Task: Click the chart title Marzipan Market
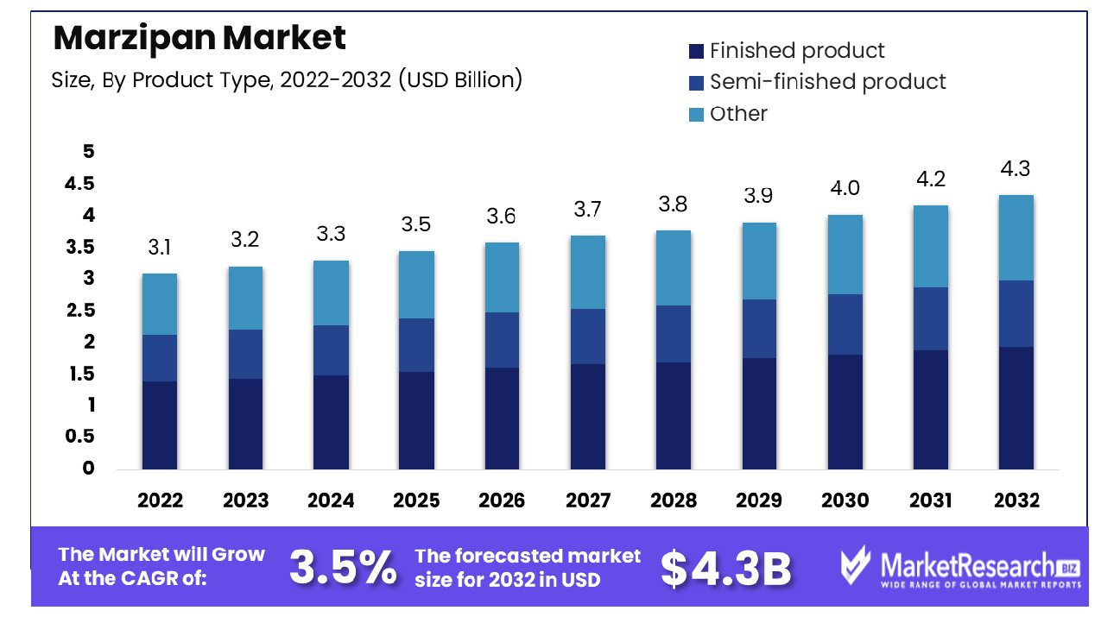click(199, 37)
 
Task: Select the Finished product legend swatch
click(697, 52)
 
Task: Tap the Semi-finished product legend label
click(827, 82)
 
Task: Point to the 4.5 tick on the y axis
click(79, 184)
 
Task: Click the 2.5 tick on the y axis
click(79, 311)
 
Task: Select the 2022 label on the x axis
click(160, 500)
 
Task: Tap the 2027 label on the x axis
click(588, 500)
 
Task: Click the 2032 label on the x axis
click(1016, 500)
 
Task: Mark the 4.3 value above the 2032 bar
click(1016, 169)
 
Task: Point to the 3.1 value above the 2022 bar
click(160, 249)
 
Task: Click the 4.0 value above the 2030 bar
click(845, 188)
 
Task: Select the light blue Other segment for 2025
click(417, 285)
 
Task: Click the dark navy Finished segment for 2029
click(759, 413)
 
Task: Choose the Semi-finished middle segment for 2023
click(245, 354)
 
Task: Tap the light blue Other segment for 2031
click(931, 246)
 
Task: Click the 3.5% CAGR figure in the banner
click(343, 567)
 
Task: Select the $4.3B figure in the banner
click(725, 567)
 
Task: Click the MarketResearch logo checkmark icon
click(857, 567)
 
